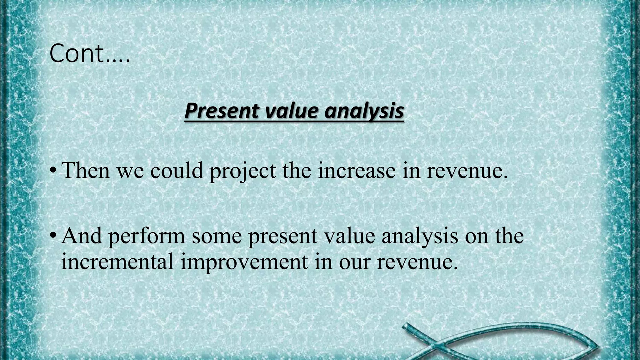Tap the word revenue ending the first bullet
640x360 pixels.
[x=467, y=171]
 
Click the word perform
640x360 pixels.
[x=147, y=237]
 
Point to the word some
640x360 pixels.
[x=217, y=236]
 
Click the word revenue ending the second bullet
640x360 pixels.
[x=417, y=262]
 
